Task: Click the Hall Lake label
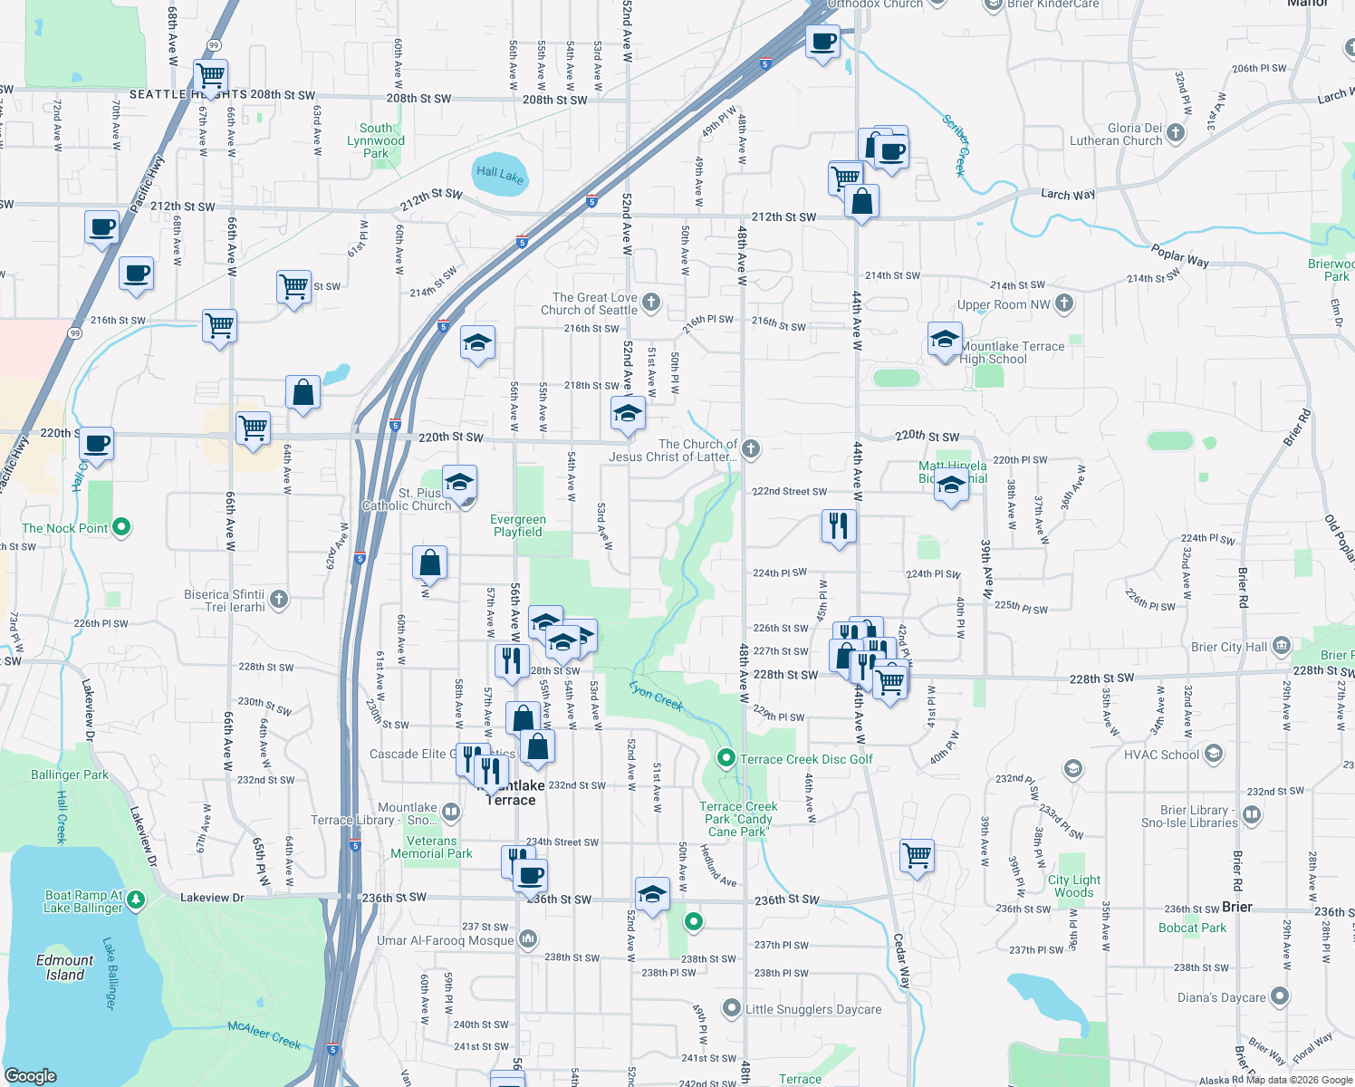click(x=500, y=174)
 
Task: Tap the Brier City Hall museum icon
click(x=1281, y=646)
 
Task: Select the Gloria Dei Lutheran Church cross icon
click(x=1176, y=133)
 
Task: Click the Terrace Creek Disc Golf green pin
click(x=726, y=758)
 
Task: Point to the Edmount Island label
click(x=65, y=967)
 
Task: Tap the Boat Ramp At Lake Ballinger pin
click(x=135, y=899)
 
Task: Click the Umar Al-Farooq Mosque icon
click(x=528, y=939)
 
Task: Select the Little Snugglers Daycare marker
click(x=732, y=1008)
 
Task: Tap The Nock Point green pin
click(x=122, y=526)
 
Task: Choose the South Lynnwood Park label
click(x=376, y=140)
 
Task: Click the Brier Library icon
click(x=1252, y=815)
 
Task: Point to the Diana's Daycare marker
click(x=1279, y=996)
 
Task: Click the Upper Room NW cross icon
click(x=1064, y=303)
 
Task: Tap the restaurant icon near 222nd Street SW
click(x=839, y=525)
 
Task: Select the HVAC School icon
click(x=1214, y=753)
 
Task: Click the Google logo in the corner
click(x=31, y=1075)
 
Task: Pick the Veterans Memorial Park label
click(x=431, y=847)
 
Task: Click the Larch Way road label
click(x=1068, y=194)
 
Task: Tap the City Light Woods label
click(x=1074, y=886)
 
